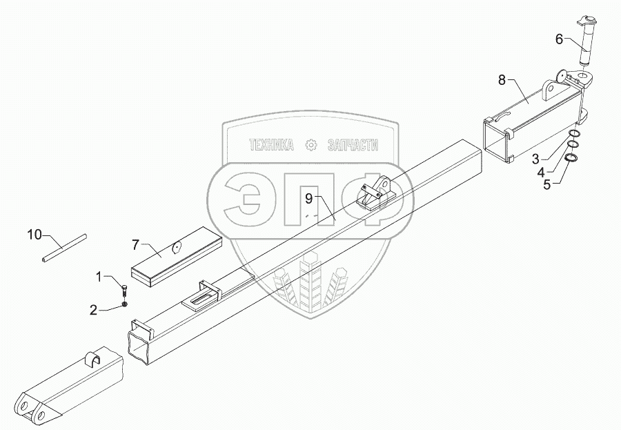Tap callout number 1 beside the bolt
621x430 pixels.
pos(99,277)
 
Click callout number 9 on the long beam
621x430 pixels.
pos(310,199)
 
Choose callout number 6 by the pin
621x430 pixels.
pos(559,39)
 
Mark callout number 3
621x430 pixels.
pos(535,159)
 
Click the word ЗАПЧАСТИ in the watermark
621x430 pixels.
pos(352,145)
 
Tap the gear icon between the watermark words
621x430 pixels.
pos(310,145)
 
